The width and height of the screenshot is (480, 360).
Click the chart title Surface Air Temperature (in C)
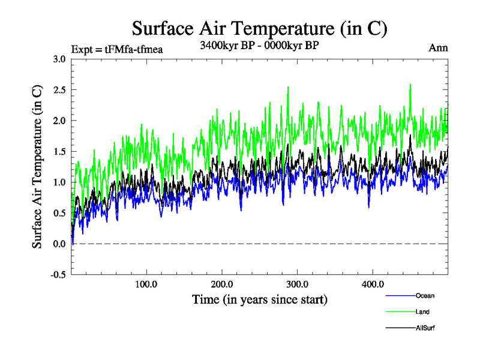[x=259, y=29]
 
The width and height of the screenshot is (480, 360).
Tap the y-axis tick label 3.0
[x=59, y=59]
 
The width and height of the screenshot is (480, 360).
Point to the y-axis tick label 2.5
[x=59, y=90]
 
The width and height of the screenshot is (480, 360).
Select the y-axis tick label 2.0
[x=59, y=121]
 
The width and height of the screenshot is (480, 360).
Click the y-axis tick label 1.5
[x=59, y=152]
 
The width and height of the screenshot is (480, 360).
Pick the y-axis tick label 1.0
[x=59, y=182]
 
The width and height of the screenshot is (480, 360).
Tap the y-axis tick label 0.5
[x=59, y=213]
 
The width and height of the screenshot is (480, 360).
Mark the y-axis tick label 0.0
[x=59, y=244]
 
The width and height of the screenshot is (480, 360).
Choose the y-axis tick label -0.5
[x=58, y=275]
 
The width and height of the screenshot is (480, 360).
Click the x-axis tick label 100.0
[x=146, y=284]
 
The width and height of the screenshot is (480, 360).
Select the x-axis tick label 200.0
[x=222, y=284]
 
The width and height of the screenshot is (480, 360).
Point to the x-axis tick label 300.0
[x=298, y=284]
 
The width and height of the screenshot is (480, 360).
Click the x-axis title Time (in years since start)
[x=260, y=299]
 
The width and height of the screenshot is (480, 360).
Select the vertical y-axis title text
[x=37, y=167]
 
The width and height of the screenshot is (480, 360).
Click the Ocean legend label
[x=425, y=296]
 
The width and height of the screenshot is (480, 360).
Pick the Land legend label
[x=422, y=312]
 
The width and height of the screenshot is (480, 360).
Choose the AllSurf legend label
[x=425, y=328]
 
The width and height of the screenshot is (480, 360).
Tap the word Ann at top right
[x=438, y=48]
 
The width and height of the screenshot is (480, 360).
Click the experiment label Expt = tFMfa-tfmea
[x=116, y=49]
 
